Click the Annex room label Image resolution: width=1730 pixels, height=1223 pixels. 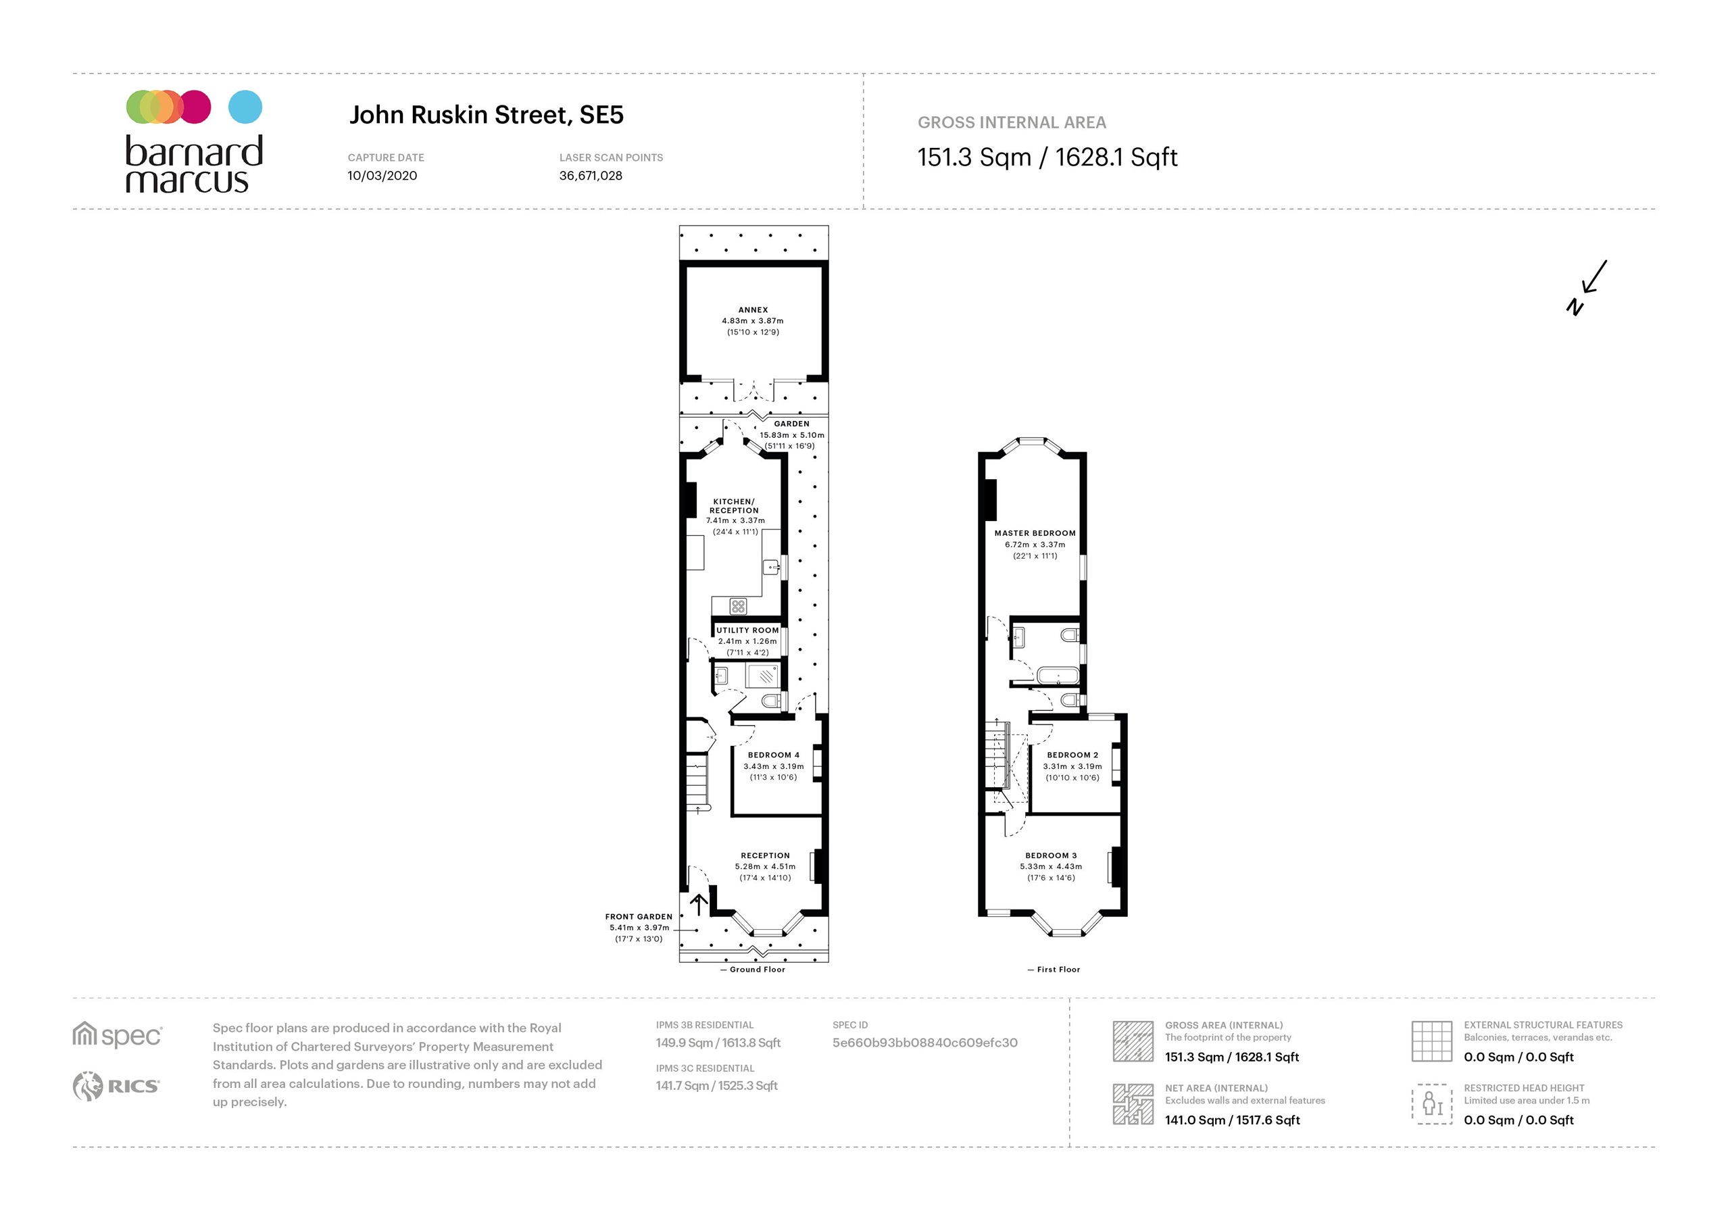(x=753, y=309)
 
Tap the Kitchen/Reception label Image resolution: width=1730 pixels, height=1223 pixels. (x=734, y=505)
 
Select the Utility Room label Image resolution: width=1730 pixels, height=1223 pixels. (x=747, y=630)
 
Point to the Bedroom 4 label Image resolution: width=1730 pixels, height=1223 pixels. (x=773, y=754)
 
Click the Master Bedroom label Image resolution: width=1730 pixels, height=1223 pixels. (x=1035, y=532)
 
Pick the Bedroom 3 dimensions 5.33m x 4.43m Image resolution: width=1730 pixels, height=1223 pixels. (x=1050, y=867)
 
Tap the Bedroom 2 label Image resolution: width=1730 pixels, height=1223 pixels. (x=1072, y=754)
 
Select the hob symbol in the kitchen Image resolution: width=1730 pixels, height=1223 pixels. (x=738, y=606)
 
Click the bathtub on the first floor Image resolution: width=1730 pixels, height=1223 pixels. (x=1058, y=674)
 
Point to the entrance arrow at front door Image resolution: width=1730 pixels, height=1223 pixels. (x=699, y=903)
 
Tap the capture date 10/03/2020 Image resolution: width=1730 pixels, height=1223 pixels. (x=382, y=176)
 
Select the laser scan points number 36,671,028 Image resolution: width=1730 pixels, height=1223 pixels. (x=590, y=176)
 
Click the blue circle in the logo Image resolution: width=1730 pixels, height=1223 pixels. (x=245, y=107)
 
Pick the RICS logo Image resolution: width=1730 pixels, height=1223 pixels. (x=116, y=1086)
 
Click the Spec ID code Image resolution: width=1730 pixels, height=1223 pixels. (x=924, y=1043)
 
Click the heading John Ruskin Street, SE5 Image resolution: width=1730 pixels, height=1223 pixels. (x=486, y=116)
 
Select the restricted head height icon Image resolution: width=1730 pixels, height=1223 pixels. (x=1431, y=1104)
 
